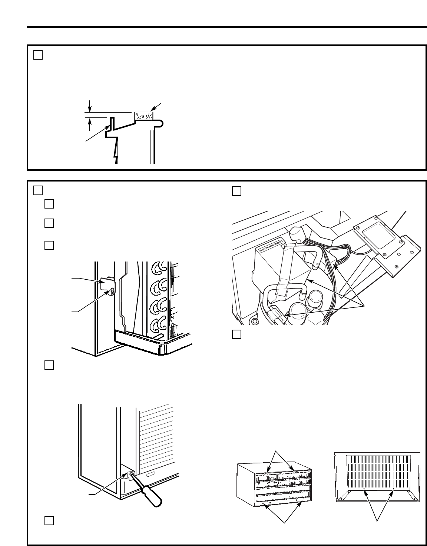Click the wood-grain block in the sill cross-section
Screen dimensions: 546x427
coord(143,116)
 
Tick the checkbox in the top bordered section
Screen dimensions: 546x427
coord(38,55)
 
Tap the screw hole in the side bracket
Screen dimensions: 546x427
coord(110,292)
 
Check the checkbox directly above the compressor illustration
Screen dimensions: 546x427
coord(236,191)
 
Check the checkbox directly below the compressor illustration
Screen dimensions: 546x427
coord(236,334)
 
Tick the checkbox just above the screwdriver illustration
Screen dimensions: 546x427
coord(49,365)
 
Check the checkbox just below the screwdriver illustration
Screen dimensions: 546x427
coord(49,520)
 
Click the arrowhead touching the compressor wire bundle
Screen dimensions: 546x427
coord(334,265)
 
